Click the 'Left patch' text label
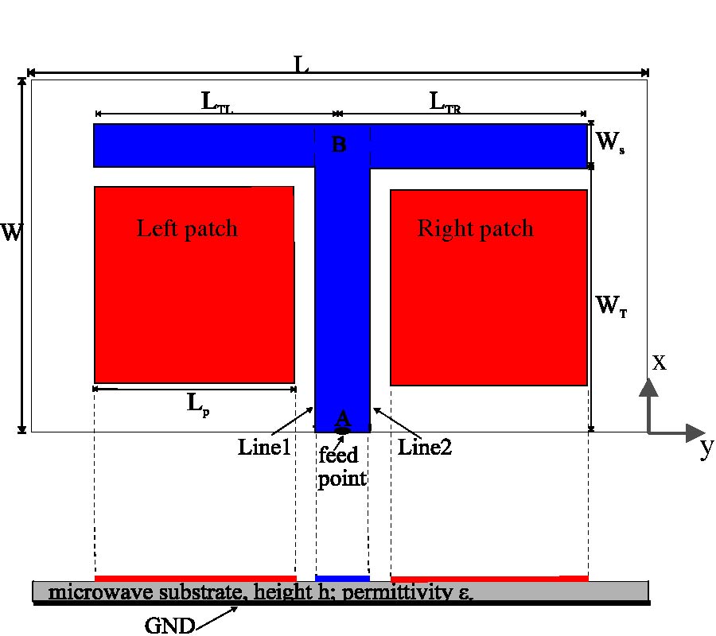pyautogui.click(x=187, y=229)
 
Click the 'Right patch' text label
pyautogui.click(x=475, y=229)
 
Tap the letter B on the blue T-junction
pyautogui.click(x=339, y=145)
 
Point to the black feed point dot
pyautogui.click(x=343, y=430)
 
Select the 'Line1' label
pyautogui.click(x=265, y=448)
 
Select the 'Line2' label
pyautogui.click(x=425, y=448)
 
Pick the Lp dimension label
pyautogui.click(x=199, y=403)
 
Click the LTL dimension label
pyautogui.click(x=216, y=102)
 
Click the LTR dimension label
pyautogui.click(x=446, y=102)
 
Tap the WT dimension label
pyautogui.click(x=611, y=304)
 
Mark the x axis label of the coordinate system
pyautogui.click(x=659, y=363)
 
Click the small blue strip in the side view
pyautogui.click(x=343, y=578)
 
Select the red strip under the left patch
pyautogui.click(x=195, y=578)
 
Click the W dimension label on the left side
pyautogui.click(x=11, y=233)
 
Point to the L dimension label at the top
pyautogui.click(x=302, y=65)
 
